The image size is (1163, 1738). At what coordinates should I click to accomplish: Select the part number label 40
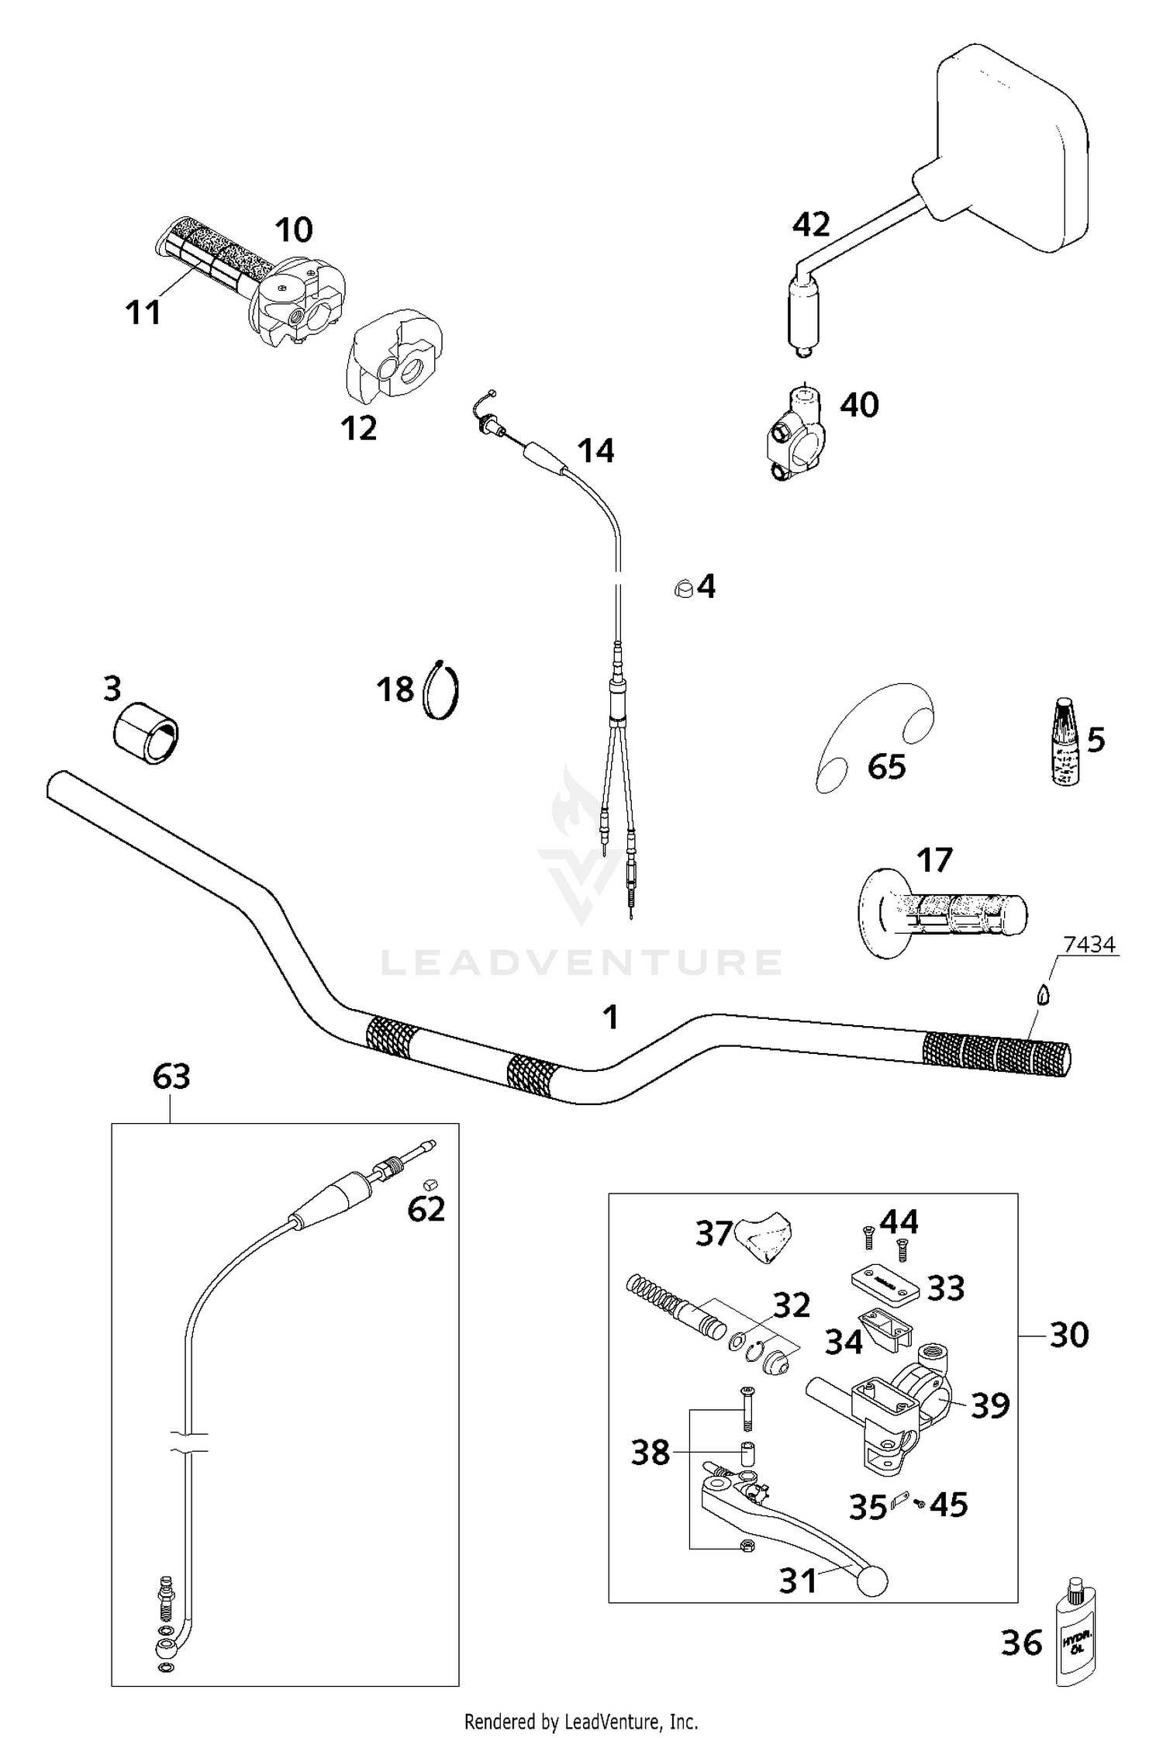859,406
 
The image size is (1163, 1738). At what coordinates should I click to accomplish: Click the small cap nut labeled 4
682,588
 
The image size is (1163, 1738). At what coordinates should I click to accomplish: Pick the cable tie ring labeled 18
442,689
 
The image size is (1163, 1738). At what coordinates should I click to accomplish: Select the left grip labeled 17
942,915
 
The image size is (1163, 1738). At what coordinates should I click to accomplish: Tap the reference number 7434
1089,944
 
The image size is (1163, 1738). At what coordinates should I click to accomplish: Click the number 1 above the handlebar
611,1017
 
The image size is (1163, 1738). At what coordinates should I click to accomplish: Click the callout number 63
171,1076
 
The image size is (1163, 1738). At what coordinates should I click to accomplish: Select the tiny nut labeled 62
429,1184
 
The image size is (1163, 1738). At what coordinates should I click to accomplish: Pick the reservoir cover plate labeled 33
882,1286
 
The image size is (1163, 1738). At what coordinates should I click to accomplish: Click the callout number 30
1069,1335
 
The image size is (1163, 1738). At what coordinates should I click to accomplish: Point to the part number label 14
595,451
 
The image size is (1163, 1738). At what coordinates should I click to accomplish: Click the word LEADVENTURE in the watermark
581,962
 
